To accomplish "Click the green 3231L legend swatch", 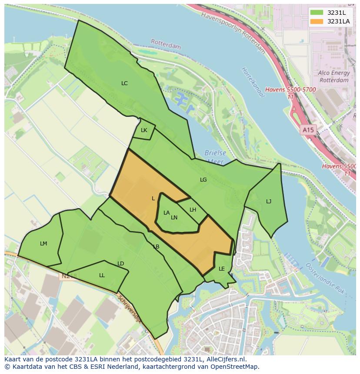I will point(317,13).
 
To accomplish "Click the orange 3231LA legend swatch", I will point(317,21).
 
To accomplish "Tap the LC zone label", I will point(124,83).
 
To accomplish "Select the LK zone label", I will point(144,130).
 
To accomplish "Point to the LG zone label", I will point(203,179).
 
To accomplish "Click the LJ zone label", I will point(269,201).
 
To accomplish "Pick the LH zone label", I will point(193,210).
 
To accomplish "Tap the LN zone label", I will point(174,218).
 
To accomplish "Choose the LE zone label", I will point(222,269).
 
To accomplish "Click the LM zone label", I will point(43,244).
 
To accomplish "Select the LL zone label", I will point(102,275).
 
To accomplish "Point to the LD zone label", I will point(121,264).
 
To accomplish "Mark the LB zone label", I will point(156,247).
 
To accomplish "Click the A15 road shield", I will point(308,130).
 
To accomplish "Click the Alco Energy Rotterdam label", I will point(333,77).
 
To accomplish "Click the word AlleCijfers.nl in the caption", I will point(226,359).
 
